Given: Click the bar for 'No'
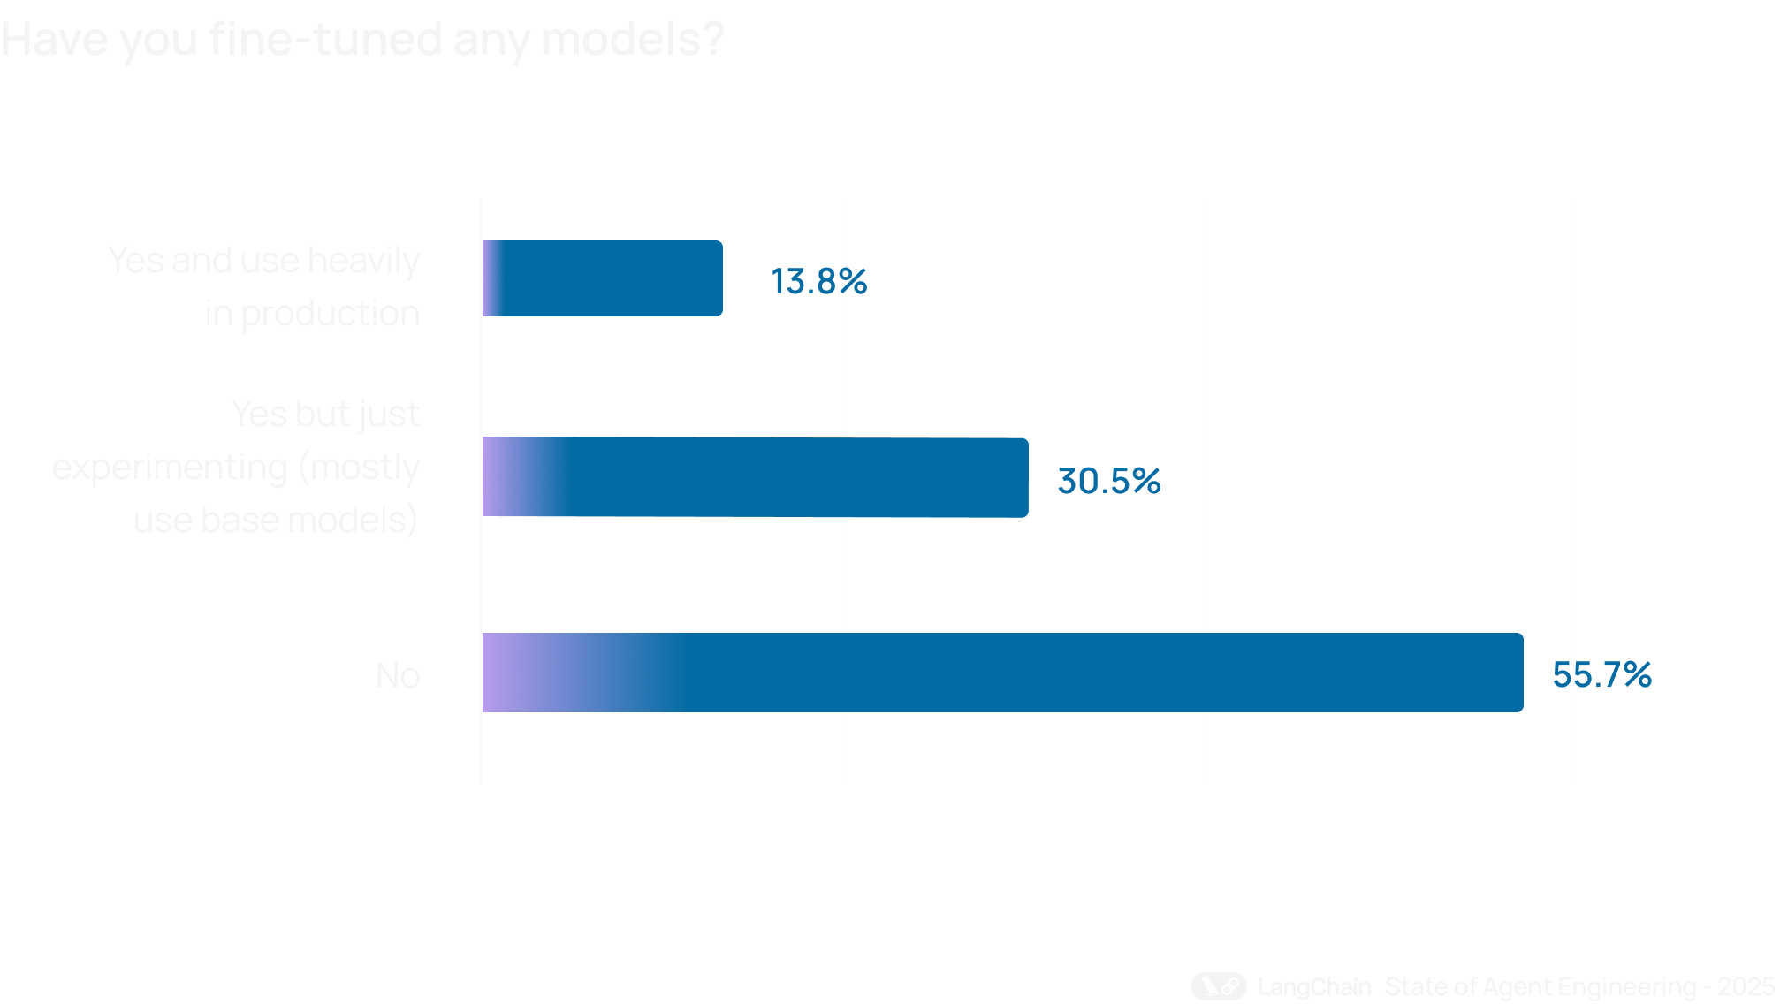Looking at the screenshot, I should click(x=1002, y=673).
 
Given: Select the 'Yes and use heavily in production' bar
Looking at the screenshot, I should click(x=603, y=278).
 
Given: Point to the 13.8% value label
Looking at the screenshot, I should click(x=818, y=282).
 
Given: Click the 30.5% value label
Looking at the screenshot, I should click(x=1108, y=482).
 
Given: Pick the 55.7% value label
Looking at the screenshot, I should click(x=1601, y=675).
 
